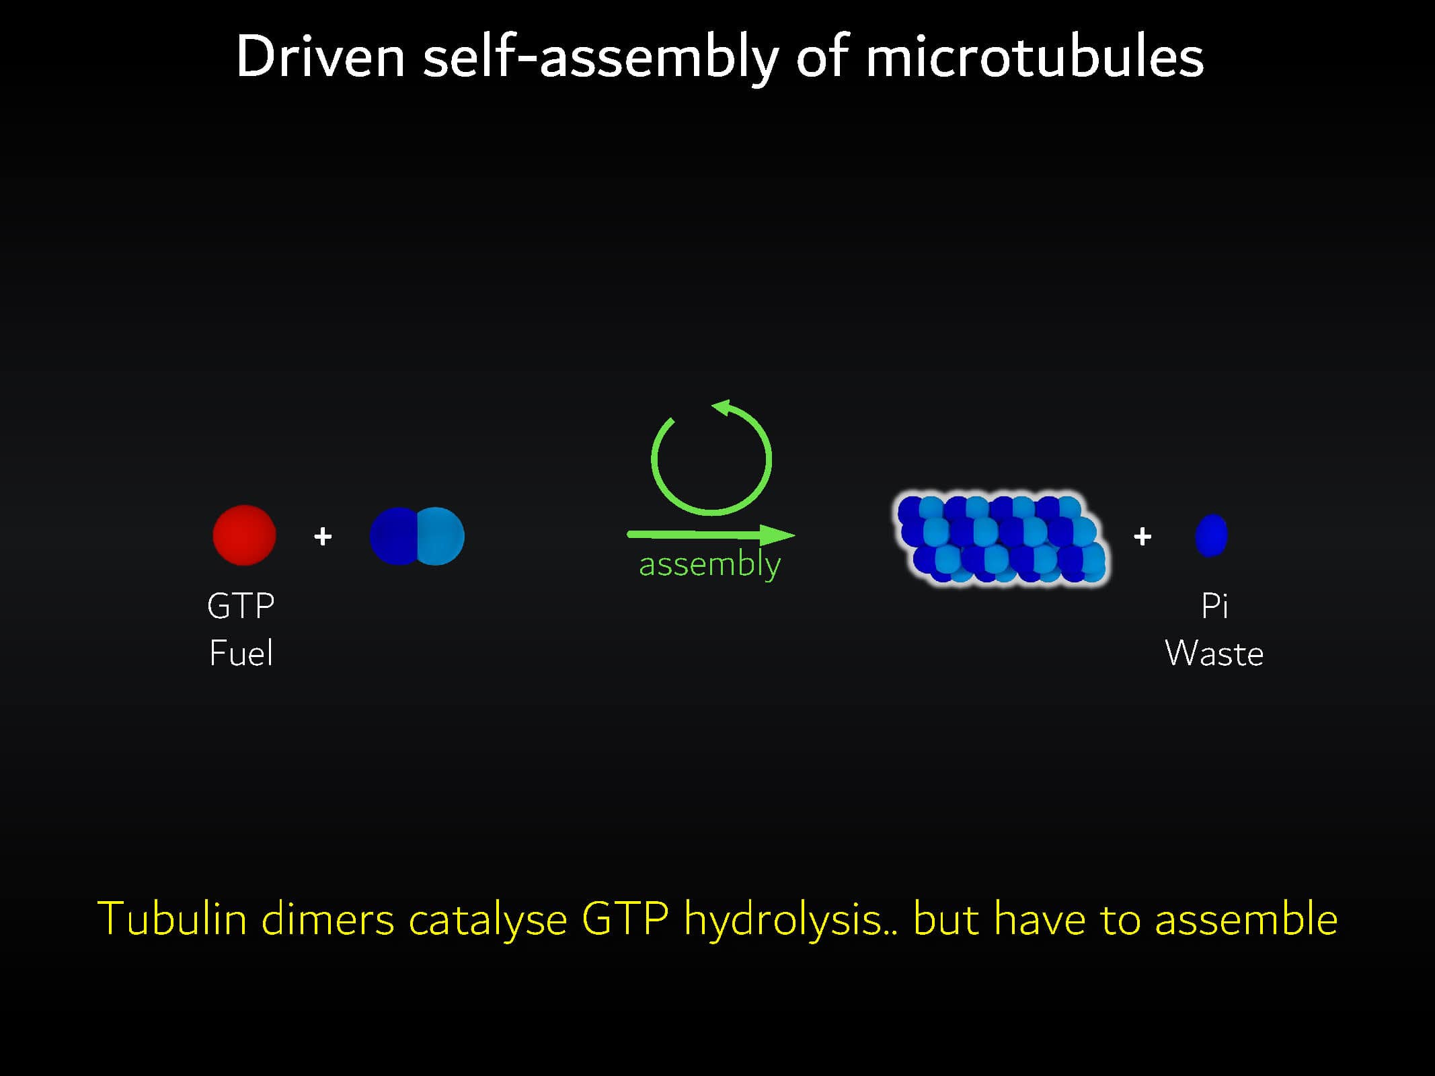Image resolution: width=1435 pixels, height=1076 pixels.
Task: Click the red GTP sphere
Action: pos(244,535)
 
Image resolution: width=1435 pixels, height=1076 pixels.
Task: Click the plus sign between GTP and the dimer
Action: pos(323,537)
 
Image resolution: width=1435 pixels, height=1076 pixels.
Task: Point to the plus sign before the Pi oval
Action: pos(1142,537)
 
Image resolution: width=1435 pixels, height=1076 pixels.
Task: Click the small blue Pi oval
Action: pos(1211,535)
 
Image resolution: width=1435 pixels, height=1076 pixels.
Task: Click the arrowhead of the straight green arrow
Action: pos(778,535)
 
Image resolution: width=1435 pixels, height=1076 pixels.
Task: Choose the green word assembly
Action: pos(709,564)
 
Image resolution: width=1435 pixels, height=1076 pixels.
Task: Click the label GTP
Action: pos(241,606)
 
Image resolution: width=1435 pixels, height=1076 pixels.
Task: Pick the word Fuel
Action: pos(241,653)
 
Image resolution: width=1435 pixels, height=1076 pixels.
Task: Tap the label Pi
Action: pos(1214,606)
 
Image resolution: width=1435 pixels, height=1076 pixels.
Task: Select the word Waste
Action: pos(1214,653)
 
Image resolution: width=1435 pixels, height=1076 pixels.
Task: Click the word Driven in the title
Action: pos(321,57)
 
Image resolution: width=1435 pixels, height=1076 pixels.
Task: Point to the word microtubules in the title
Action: pos(1034,57)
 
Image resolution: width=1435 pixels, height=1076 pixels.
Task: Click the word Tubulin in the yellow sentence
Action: pos(173,919)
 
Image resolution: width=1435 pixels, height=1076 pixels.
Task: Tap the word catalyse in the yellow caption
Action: pos(488,920)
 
